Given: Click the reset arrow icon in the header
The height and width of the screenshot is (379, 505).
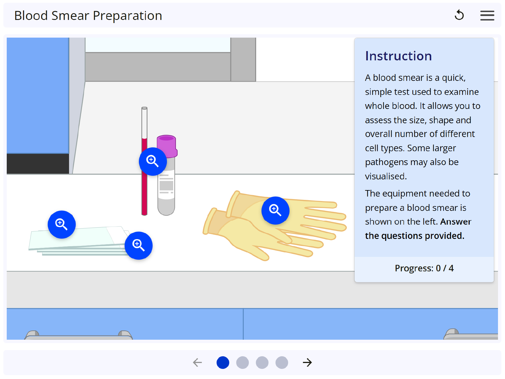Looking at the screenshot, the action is coord(459,15).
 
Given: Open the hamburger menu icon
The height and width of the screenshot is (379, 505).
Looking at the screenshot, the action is coord(487,15).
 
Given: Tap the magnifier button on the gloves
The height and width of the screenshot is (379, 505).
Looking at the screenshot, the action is coord(275,210).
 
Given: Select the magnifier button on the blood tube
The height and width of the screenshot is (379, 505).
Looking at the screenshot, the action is coord(153,161).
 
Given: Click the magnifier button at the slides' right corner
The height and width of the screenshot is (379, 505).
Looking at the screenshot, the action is coord(139,245).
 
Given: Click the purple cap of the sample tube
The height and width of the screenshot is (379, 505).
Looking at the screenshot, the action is coord(167,143).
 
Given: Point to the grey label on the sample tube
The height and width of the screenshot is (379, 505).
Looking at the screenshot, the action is coord(166,185).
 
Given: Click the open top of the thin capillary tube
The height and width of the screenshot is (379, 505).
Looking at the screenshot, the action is coord(144,108).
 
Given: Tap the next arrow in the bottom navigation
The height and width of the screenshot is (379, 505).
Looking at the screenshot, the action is coord(307,362).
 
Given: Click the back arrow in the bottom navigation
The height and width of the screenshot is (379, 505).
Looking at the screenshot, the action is coord(198,362).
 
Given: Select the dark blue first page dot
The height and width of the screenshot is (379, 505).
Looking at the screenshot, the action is coord(223,362).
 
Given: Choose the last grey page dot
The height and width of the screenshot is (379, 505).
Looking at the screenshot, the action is coord(282,362).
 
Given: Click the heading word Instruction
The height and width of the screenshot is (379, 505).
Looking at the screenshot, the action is coord(398,56).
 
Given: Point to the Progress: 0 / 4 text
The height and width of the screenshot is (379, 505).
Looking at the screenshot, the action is coord(424,268).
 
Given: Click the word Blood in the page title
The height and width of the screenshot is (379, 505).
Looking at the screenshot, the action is coord(31,16).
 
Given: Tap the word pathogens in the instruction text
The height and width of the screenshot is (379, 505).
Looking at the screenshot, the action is coord(386,162).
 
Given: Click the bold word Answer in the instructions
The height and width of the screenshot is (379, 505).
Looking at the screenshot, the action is coord(456,222).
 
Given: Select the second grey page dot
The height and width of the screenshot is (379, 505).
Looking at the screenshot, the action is coord(242,362).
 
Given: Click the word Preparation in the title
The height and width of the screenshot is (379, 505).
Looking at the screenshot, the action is coord(127,16).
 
